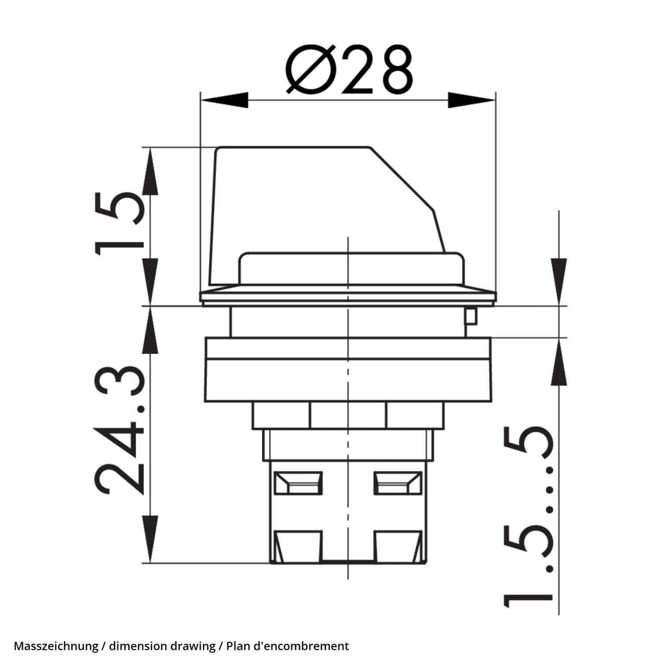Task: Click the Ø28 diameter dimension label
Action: point(350,70)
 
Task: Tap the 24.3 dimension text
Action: point(119,431)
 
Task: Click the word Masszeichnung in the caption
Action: point(56,646)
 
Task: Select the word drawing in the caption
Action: point(193,646)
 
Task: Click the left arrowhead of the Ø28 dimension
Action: point(224,100)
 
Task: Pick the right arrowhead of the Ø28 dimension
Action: point(472,100)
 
